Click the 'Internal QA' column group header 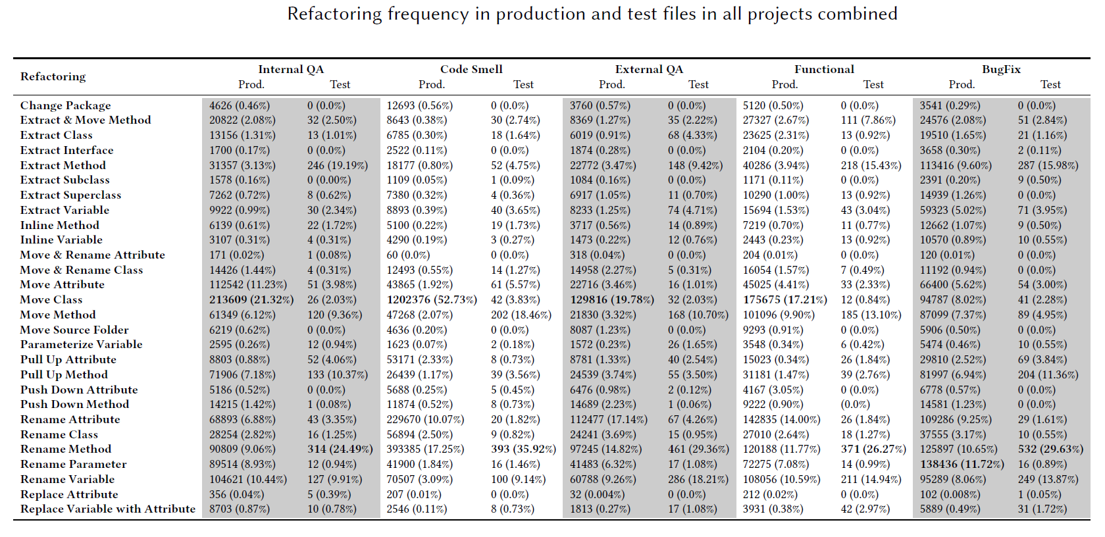tap(291, 69)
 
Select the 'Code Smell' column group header tap(471, 69)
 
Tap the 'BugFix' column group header tap(1001, 69)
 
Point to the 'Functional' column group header tap(824, 69)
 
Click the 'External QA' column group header tap(649, 69)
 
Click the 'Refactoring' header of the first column tap(53, 76)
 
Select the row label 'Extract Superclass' tap(70, 195)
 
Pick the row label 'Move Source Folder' tap(74, 330)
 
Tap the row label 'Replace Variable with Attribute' tap(108, 509)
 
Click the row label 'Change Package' tap(65, 105)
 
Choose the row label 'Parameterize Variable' tap(81, 344)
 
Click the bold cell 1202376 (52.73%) tap(431, 299)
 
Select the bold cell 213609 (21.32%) tap(251, 299)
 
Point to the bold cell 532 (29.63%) tap(1050, 449)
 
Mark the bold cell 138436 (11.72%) tap(962, 464)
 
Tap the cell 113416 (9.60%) tap(955, 165)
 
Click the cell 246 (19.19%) tap(337, 165)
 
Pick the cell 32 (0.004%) tap(598, 494)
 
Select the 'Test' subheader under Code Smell tap(523, 84)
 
